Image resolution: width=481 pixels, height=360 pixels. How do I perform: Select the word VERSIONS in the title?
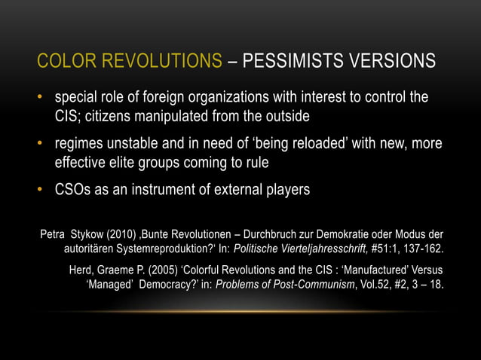click(391, 59)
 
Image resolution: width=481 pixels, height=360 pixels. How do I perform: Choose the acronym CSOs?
click(74, 190)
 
